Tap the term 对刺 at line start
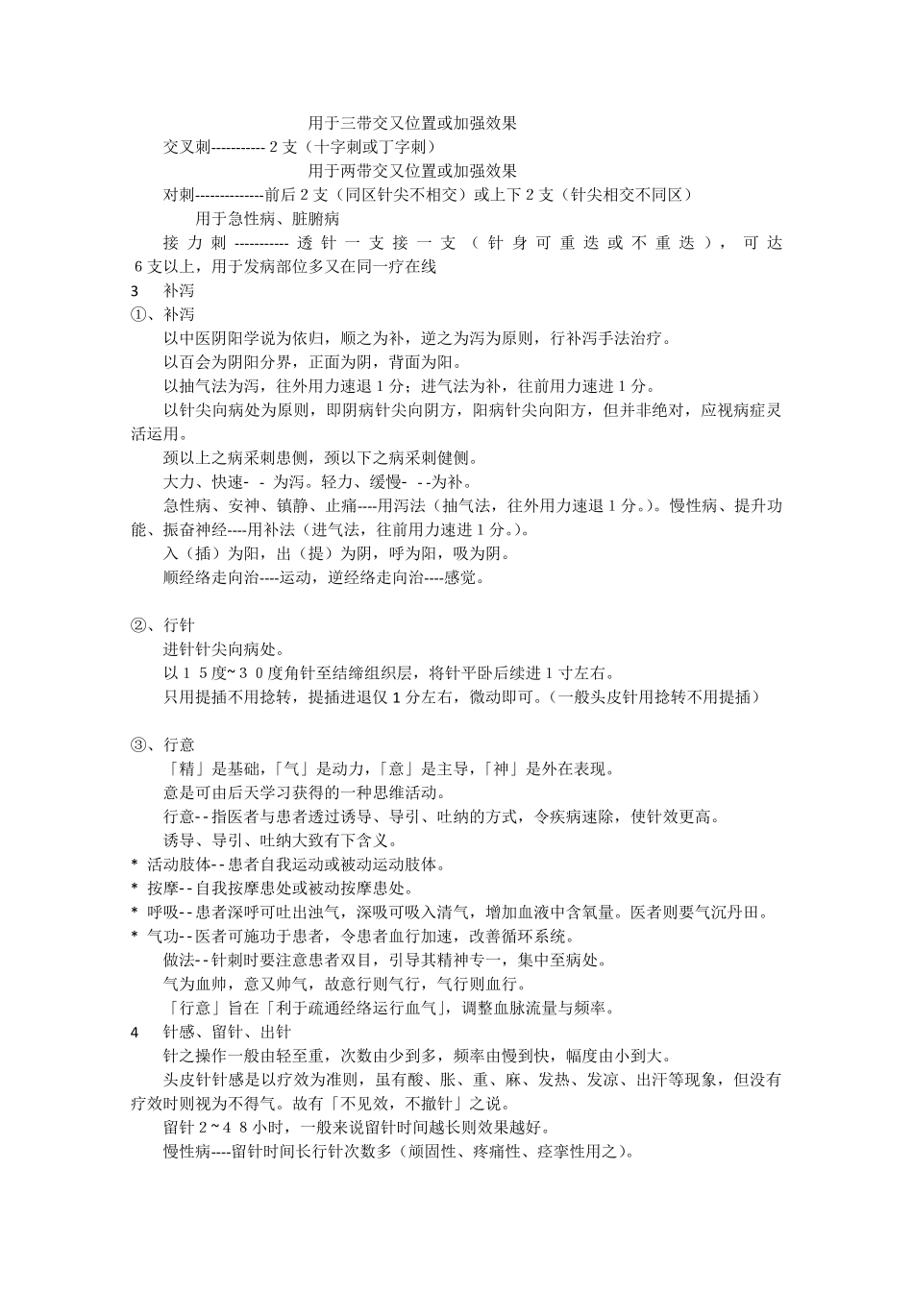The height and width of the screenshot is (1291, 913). [x=179, y=195]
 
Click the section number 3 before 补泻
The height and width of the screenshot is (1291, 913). [x=135, y=290]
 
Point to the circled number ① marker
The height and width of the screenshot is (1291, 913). [x=137, y=314]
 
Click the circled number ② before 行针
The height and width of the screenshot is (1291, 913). [x=137, y=625]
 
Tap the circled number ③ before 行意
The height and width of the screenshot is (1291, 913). [x=137, y=744]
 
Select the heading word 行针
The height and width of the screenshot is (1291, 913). [x=179, y=625]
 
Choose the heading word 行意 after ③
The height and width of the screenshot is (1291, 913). [x=179, y=744]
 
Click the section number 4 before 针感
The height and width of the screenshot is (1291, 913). [x=135, y=1032]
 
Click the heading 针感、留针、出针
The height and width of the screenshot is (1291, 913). [x=227, y=1032]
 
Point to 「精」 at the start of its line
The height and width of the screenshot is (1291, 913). [x=183, y=768]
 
